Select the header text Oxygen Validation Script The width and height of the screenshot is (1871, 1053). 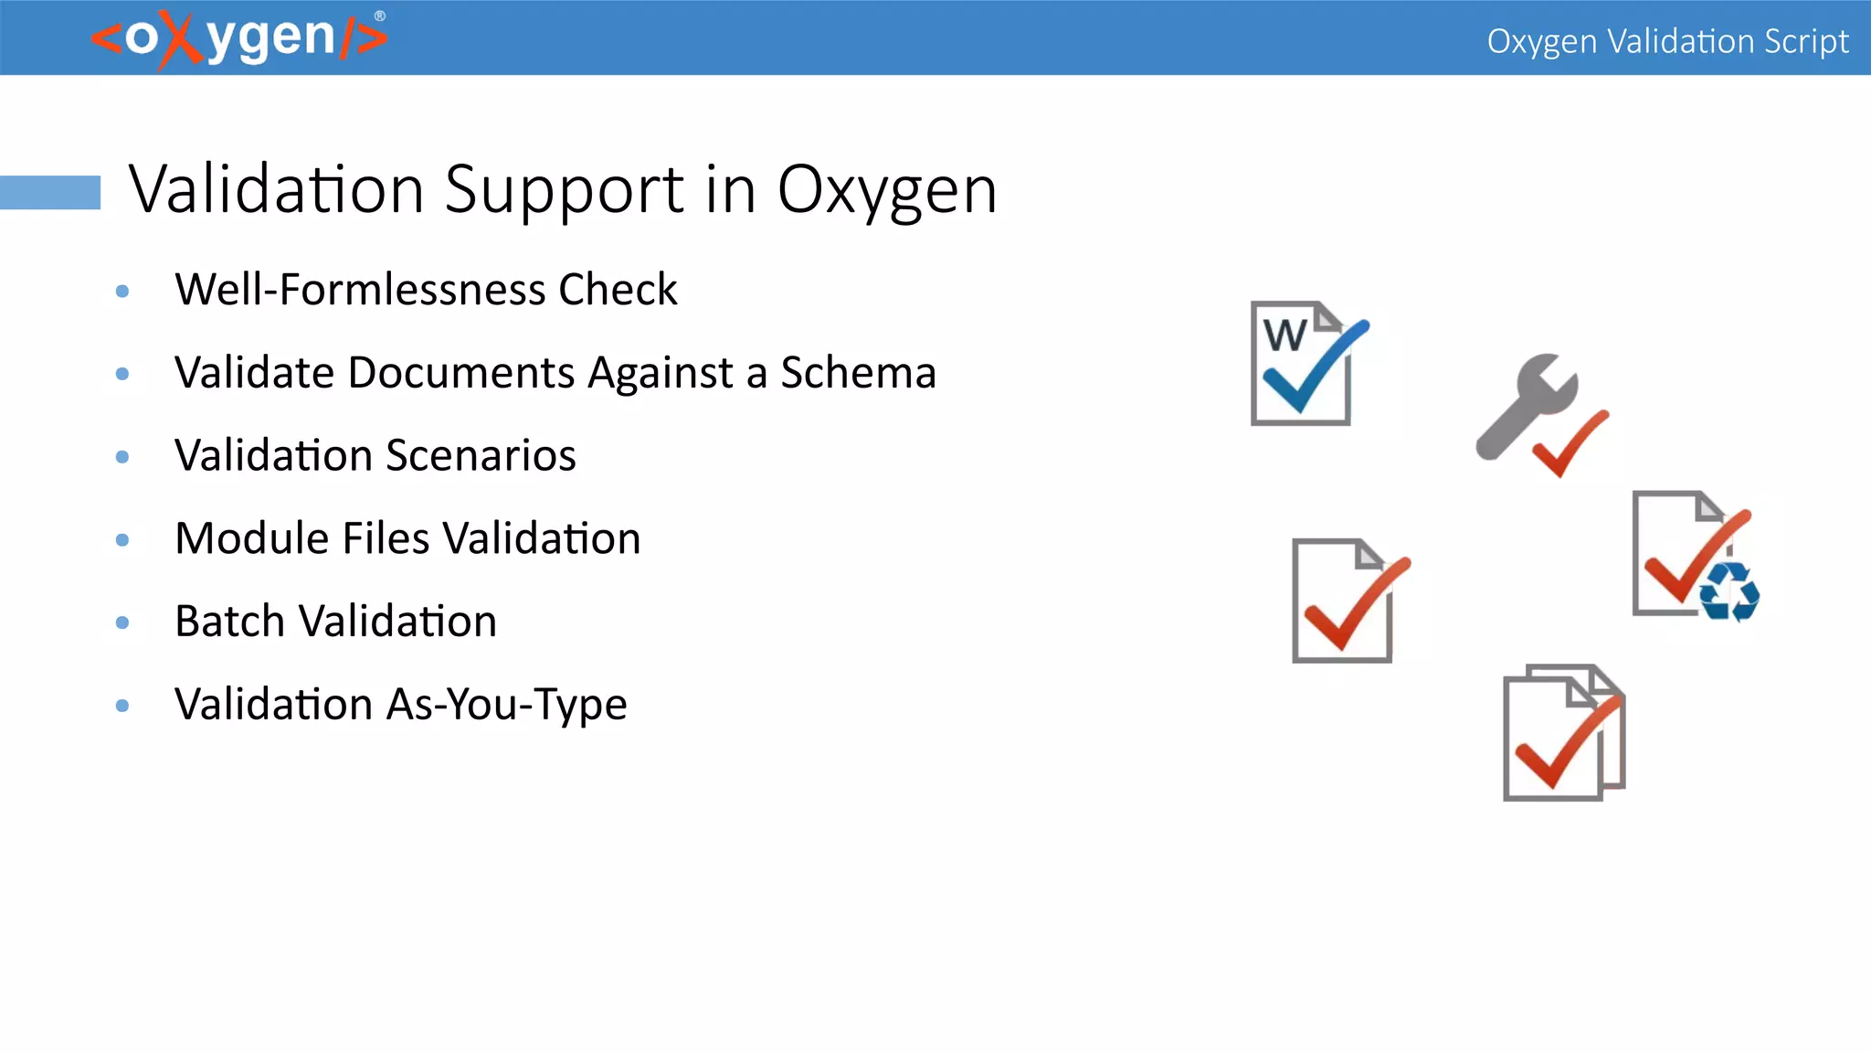click(x=1667, y=41)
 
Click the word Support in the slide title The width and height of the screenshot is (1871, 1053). click(x=564, y=190)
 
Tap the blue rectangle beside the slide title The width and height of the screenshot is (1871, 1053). click(x=50, y=192)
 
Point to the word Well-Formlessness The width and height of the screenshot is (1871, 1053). click(x=361, y=290)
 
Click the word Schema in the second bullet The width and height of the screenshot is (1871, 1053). click(x=858, y=373)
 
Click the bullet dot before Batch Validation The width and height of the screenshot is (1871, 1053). click(x=122, y=623)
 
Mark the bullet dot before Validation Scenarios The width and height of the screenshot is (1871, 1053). click(x=122, y=457)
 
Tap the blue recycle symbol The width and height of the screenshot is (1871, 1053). click(x=1728, y=591)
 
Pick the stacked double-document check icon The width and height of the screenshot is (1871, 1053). click(x=1563, y=734)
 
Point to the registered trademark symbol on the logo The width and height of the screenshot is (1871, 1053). click(x=380, y=16)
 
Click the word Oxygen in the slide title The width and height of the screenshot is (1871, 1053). click(x=886, y=190)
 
